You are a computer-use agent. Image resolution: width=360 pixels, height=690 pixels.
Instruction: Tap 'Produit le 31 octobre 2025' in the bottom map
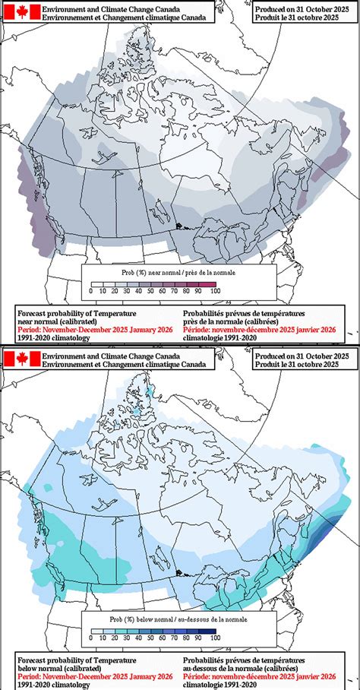pos(302,366)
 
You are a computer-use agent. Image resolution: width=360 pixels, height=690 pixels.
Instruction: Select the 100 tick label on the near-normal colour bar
pos(215,290)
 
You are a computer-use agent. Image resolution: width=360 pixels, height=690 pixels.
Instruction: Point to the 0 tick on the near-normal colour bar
pos(90,290)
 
